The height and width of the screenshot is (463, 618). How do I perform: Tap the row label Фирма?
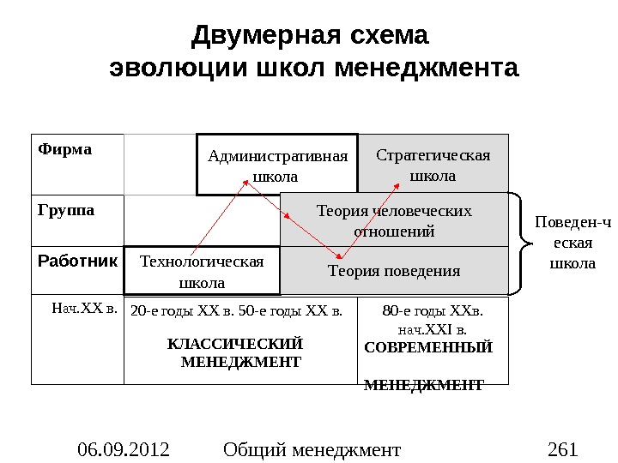(64, 149)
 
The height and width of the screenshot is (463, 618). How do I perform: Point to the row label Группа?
(66, 208)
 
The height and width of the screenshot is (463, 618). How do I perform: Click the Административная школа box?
(277, 165)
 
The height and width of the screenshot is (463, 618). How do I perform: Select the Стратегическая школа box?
(433, 165)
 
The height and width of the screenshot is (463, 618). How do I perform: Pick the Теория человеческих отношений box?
(395, 220)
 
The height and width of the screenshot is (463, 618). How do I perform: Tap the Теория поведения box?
(394, 271)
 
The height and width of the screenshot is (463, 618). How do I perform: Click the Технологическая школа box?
(202, 271)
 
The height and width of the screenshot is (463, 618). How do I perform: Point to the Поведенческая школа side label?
(572, 243)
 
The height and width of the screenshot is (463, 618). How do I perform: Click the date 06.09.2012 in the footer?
(124, 448)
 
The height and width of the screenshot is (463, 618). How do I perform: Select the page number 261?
(562, 448)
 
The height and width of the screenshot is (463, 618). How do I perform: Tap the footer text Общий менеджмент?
(312, 448)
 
